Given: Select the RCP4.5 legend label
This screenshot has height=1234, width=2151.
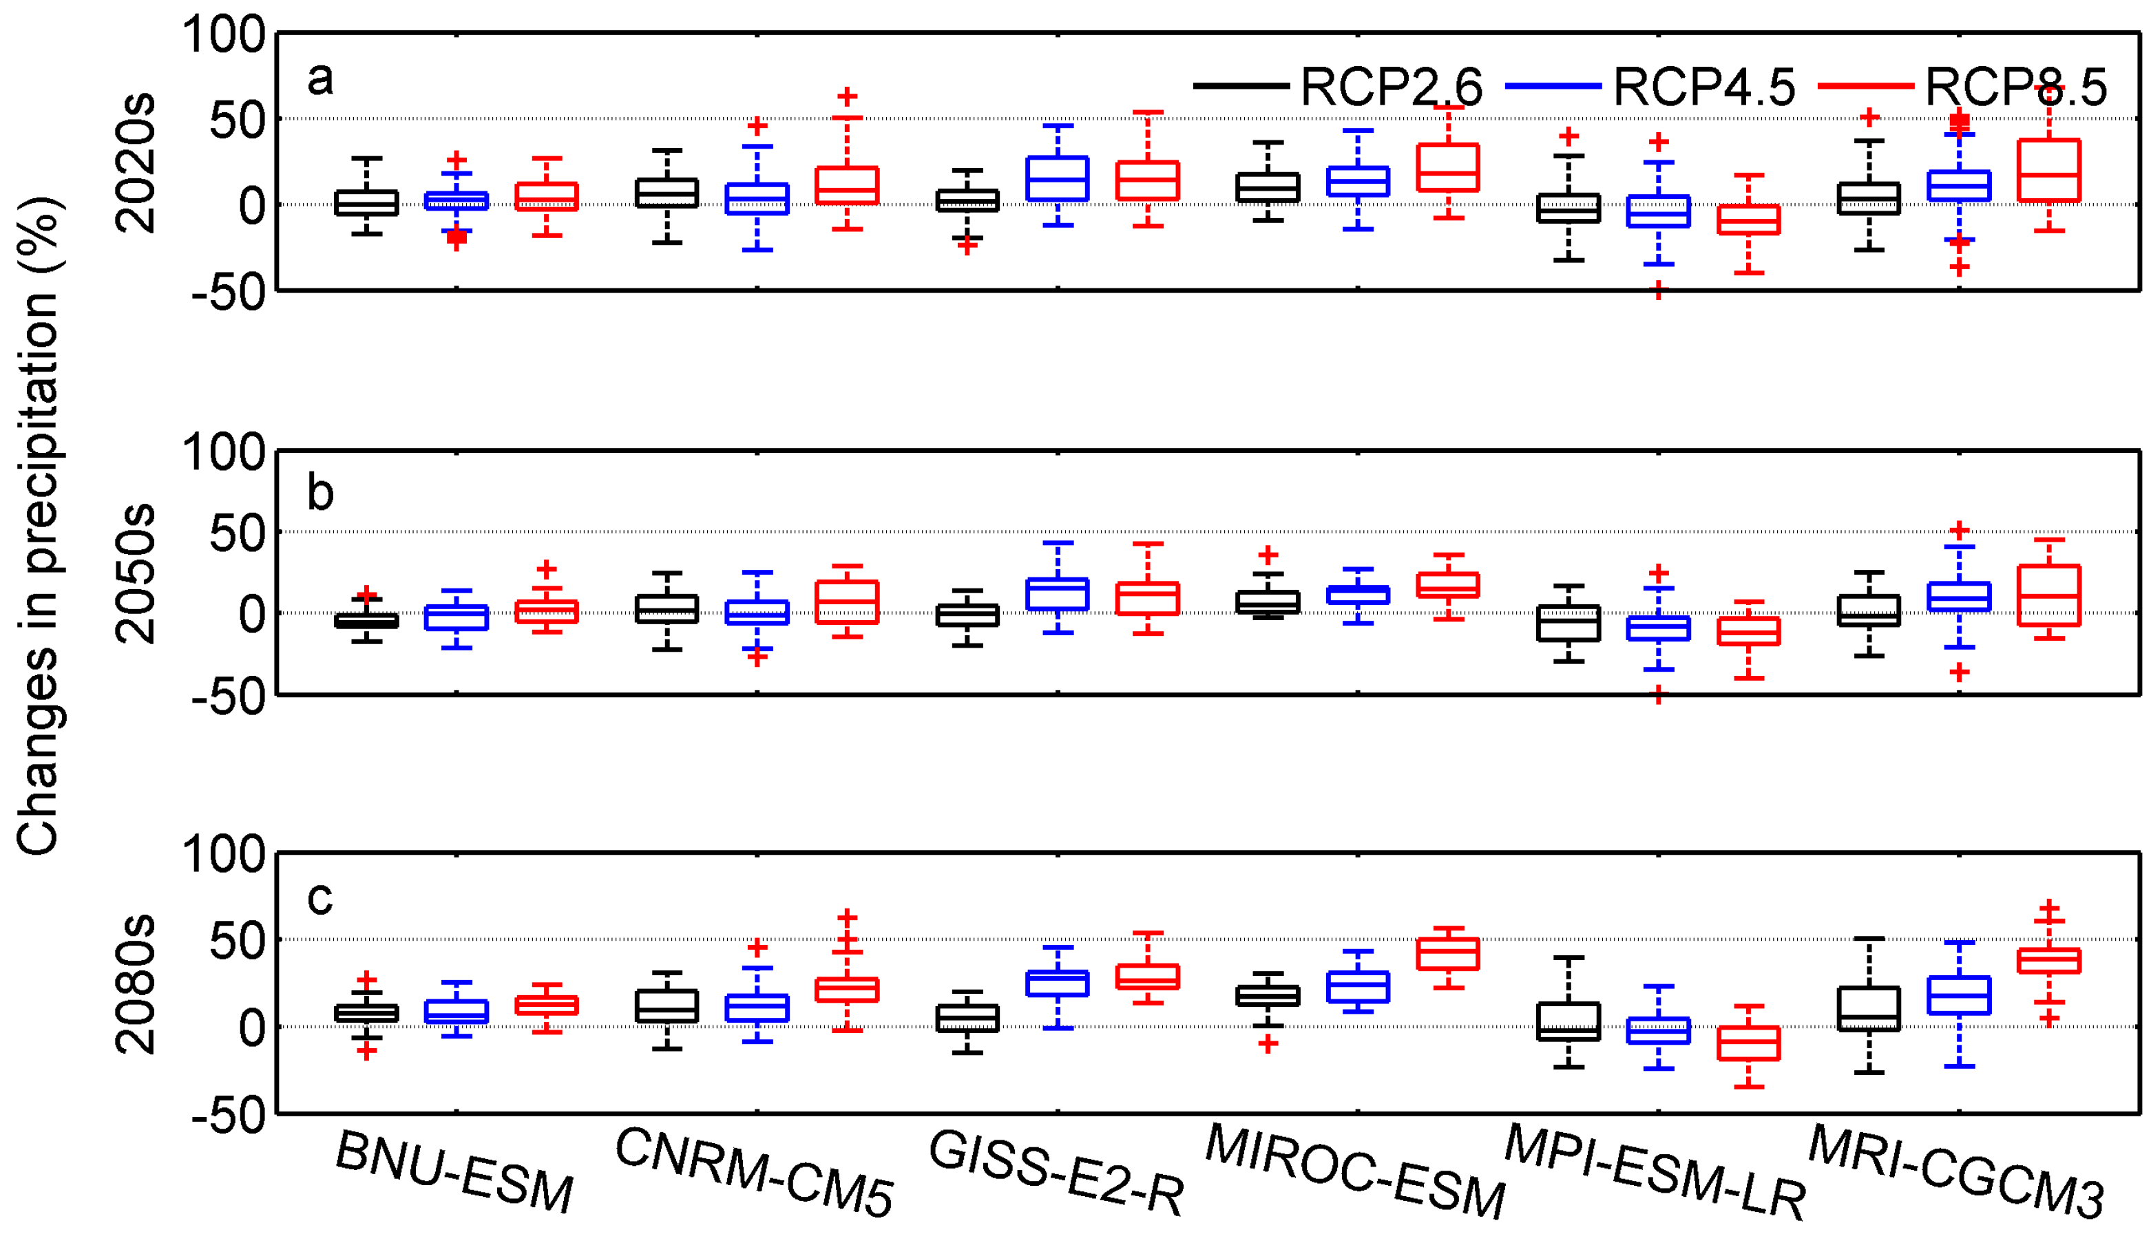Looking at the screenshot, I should pos(1703,87).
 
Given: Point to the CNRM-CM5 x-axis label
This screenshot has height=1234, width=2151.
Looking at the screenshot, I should pos(754,1174).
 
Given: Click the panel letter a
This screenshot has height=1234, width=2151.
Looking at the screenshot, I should pos(319,81).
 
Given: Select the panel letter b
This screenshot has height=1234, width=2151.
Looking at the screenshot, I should pos(319,493).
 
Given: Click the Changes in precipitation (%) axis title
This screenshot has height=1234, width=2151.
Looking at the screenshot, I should pos(38,526).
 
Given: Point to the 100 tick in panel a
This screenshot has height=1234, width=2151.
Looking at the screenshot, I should pos(224,36).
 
